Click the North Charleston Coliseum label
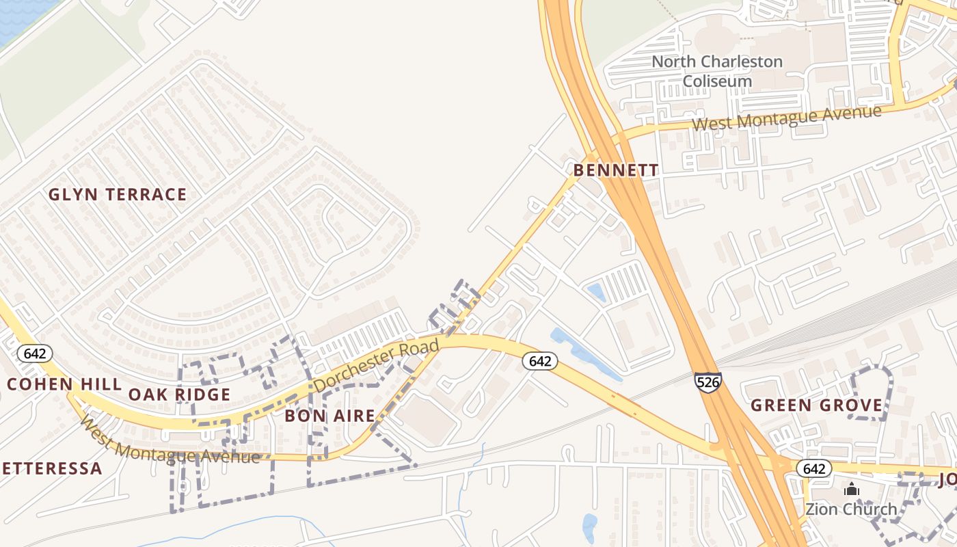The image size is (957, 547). tap(716, 71)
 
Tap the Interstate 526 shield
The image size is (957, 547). tap(707, 382)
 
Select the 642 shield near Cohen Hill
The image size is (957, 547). tap(34, 353)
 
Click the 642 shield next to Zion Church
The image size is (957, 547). tap(813, 468)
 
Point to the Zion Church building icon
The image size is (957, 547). tap(851, 489)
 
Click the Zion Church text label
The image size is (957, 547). tap(850, 509)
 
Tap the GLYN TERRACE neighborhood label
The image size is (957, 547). tap(118, 195)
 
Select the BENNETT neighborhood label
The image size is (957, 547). tap(616, 170)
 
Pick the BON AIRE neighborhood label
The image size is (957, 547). tap(329, 415)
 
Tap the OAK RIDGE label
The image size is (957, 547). tap(179, 395)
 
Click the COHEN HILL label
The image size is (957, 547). tap(64, 384)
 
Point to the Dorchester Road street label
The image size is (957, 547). tap(377, 365)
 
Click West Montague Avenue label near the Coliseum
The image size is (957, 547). tap(786, 118)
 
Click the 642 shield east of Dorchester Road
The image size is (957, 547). tap(540, 361)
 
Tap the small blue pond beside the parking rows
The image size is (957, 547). tap(597, 293)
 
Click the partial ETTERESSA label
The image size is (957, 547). tap(51, 468)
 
